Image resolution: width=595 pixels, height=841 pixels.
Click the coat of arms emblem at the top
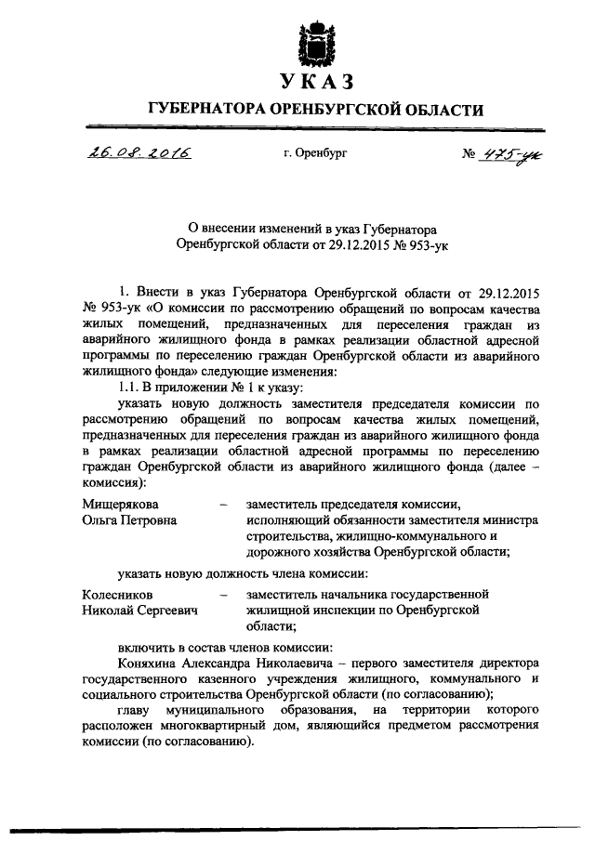(x=314, y=38)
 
